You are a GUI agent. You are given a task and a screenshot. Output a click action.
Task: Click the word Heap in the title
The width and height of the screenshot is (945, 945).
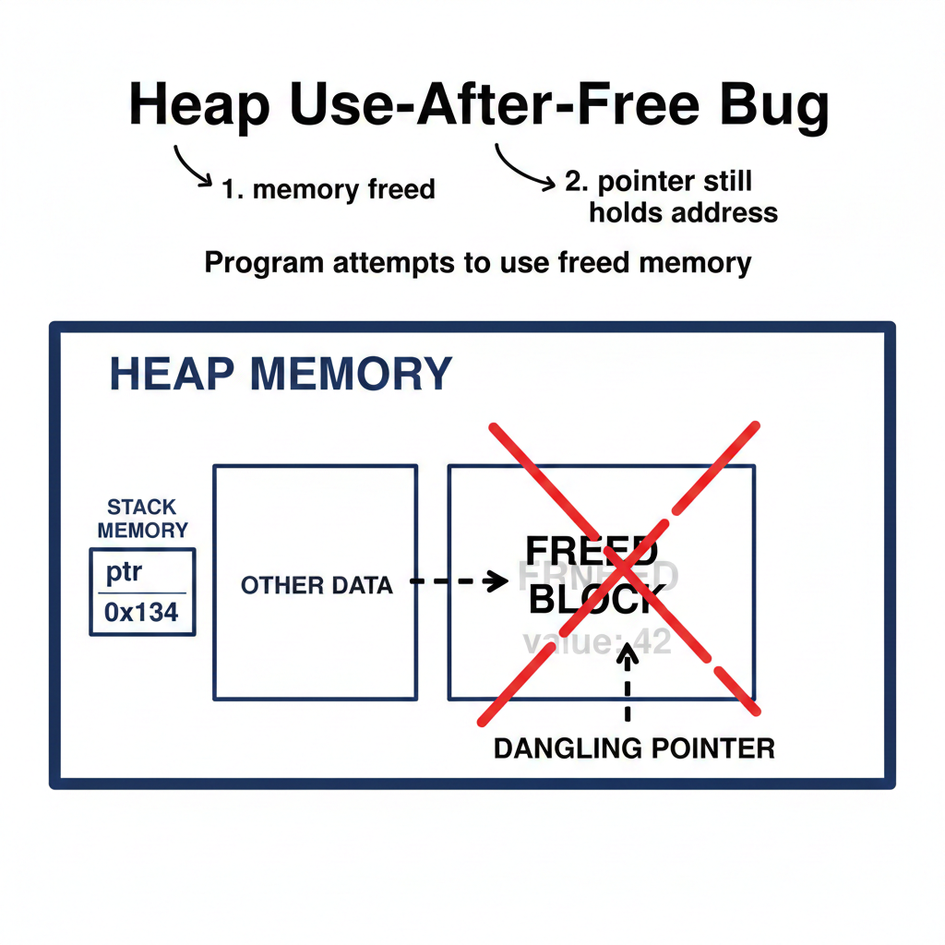[198, 106]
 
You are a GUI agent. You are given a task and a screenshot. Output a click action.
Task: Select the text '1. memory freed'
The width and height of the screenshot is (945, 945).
[329, 190]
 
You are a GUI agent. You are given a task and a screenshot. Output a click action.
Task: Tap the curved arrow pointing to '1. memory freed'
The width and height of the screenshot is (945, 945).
[192, 167]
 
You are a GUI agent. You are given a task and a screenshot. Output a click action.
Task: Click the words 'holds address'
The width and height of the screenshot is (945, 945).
[683, 213]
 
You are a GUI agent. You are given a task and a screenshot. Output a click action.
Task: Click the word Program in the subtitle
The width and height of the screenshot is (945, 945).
[263, 263]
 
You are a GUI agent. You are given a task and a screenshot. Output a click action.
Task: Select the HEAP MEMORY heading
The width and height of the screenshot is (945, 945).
[281, 374]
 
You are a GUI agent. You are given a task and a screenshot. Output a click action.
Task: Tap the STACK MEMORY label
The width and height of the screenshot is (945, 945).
[142, 519]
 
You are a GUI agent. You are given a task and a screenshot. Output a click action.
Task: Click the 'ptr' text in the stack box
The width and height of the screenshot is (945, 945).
[124, 572]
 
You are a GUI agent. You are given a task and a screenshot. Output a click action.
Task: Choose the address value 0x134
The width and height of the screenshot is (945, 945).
[142, 612]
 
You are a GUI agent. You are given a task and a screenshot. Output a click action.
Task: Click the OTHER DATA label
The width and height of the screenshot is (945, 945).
[317, 585]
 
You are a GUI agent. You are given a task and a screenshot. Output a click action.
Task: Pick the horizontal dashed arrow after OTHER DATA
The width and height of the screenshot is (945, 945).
[458, 581]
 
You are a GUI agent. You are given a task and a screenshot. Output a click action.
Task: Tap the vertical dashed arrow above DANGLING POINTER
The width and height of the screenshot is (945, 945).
[628, 683]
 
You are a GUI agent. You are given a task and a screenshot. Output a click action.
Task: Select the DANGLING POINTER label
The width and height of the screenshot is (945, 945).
[634, 748]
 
